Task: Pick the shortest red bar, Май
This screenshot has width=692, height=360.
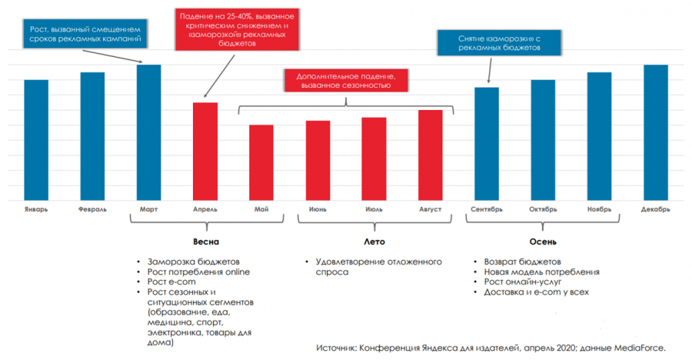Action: [261, 162]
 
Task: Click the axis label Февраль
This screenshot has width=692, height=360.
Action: [92, 209]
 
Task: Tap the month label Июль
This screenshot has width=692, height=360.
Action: [374, 209]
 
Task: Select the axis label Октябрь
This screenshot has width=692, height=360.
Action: [543, 209]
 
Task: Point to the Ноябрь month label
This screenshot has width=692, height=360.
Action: [599, 209]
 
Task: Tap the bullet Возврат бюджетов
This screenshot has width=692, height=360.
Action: [522, 262]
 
